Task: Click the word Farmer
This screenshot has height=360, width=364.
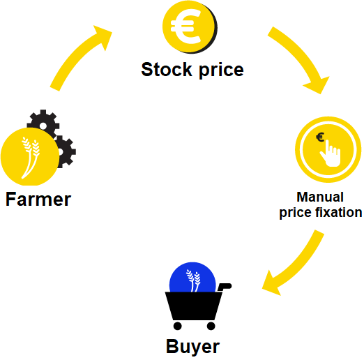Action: (x=38, y=200)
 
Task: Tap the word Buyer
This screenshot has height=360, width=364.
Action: (x=192, y=347)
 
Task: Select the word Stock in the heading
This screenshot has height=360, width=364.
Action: (x=167, y=69)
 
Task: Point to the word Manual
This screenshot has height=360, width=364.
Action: (x=320, y=197)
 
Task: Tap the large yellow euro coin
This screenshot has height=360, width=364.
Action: (x=190, y=27)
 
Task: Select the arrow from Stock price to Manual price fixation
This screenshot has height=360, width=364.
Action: (x=302, y=58)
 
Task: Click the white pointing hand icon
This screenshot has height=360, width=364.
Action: (x=331, y=153)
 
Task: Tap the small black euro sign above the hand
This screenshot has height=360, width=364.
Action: (x=320, y=137)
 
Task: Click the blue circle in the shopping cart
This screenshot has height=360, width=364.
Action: (x=192, y=277)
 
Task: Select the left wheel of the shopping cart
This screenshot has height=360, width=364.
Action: (x=178, y=326)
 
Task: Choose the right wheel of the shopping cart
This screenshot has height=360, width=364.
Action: (x=211, y=326)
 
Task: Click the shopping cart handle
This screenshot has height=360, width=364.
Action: (x=225, y=287)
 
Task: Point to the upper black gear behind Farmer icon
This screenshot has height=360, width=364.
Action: (x=43, y=123)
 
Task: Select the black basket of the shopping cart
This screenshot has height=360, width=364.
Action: (x=193, y=306)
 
